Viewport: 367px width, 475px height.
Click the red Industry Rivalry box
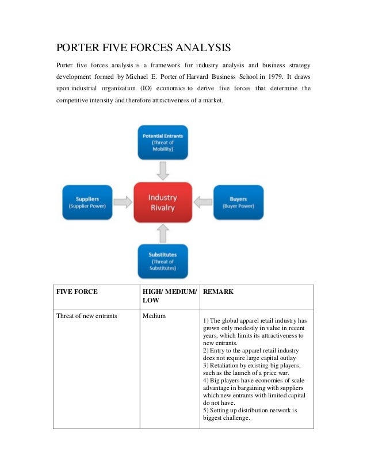(163, 202)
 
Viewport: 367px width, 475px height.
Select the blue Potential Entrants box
(163, 142)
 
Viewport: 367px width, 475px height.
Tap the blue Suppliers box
(87, 202)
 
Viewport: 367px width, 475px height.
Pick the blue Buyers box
(238, 202)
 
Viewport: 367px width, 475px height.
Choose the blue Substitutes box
(163, 261)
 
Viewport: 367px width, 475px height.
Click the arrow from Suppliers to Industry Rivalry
(123, 202)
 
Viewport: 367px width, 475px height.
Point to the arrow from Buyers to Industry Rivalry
(202, 202)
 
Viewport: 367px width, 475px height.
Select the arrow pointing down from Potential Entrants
(163, 171)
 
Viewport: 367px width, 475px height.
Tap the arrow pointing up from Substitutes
(163, 232)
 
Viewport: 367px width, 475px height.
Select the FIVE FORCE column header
(77, 292)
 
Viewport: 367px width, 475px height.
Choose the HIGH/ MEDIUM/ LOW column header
(169, 296)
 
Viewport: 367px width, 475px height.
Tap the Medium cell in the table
(155, 316)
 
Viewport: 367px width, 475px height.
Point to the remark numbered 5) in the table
(250, 414)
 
